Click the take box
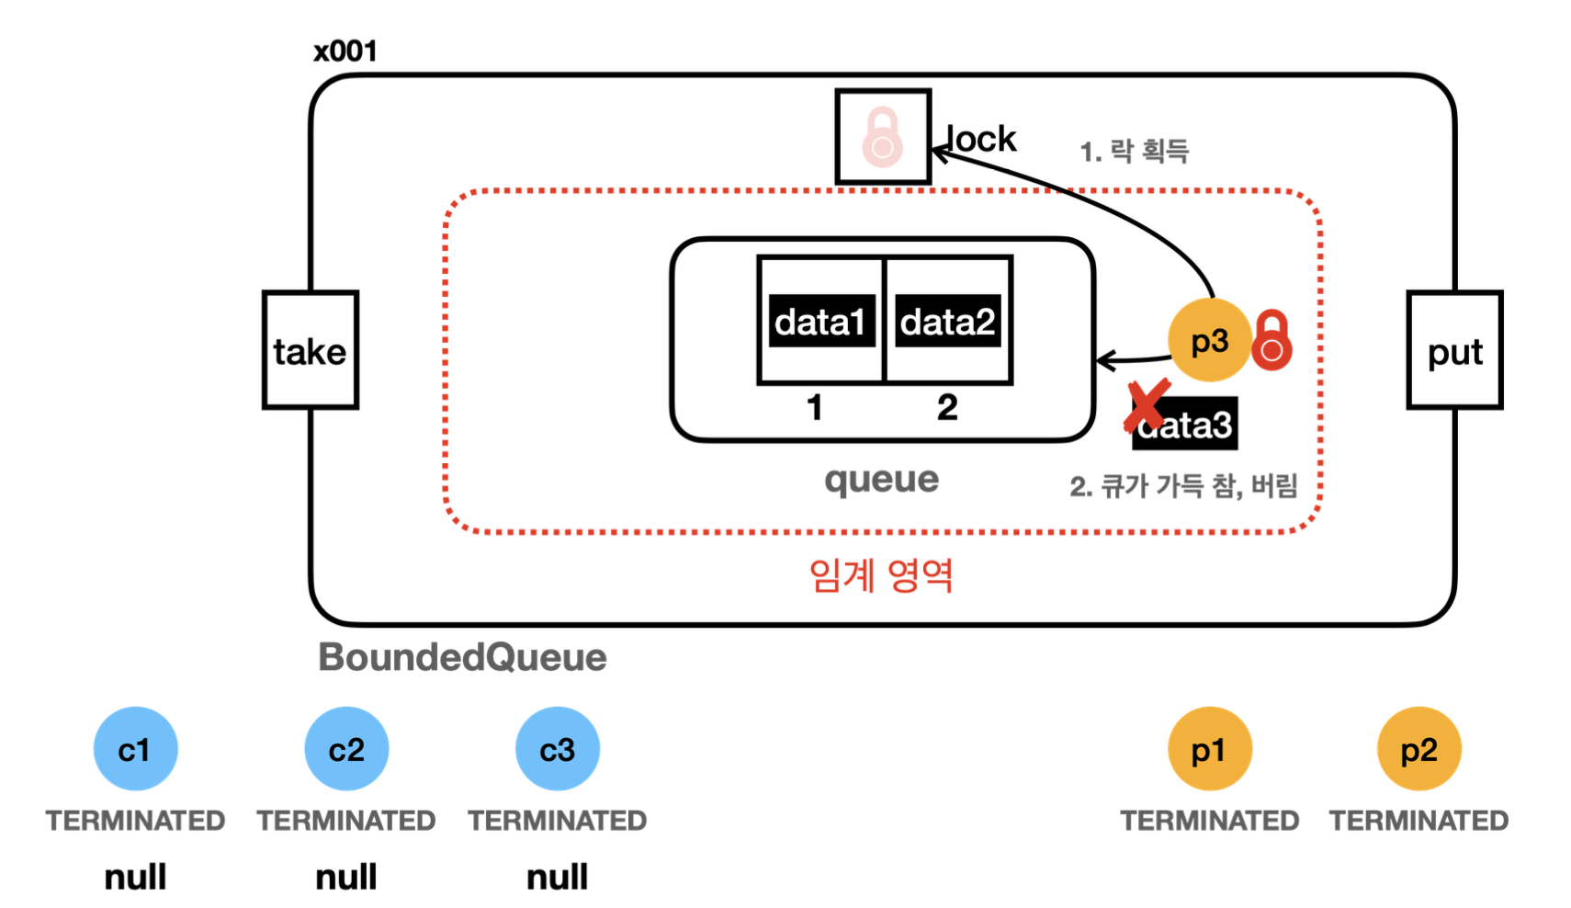[x=311, y=349]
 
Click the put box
[x=1454, y=349]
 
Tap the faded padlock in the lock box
[x=882, y=138]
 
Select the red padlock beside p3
[x=1271, y=340]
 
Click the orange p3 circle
[x=1210, y=340]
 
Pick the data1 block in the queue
[x=822, y=321]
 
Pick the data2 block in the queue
[x=947, y=321]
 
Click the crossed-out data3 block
[x=1184, y=424]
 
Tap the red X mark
[x=1147, y=405]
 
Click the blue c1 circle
[x=135, y=749]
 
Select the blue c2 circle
[x=346, y=749]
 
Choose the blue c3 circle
[x=558, y=749]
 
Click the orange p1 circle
[x=1210, y=749]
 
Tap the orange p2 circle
[x=1419, y=749]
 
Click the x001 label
[x=345, y=51]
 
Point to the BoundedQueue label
[x=462, y=658]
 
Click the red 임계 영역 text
[x=881, y=576]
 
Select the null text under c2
[x=346, y=877]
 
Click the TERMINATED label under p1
[x=1210, y=821]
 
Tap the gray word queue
[x=882, y=481]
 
